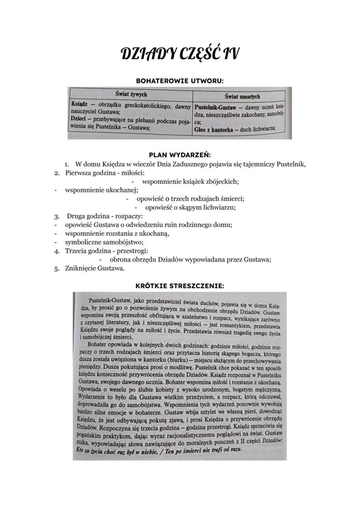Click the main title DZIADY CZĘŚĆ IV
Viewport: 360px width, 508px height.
[x=180, y=55]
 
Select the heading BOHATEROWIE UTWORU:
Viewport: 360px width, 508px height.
[x=180, y=80]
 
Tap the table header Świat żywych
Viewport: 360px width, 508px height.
[x=131, y=94]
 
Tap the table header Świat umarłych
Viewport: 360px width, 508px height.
[x=242, y=96]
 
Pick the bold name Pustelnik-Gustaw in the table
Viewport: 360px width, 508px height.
[x=215, y=106]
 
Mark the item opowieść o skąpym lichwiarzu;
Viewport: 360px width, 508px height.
[x=190, y=207]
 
